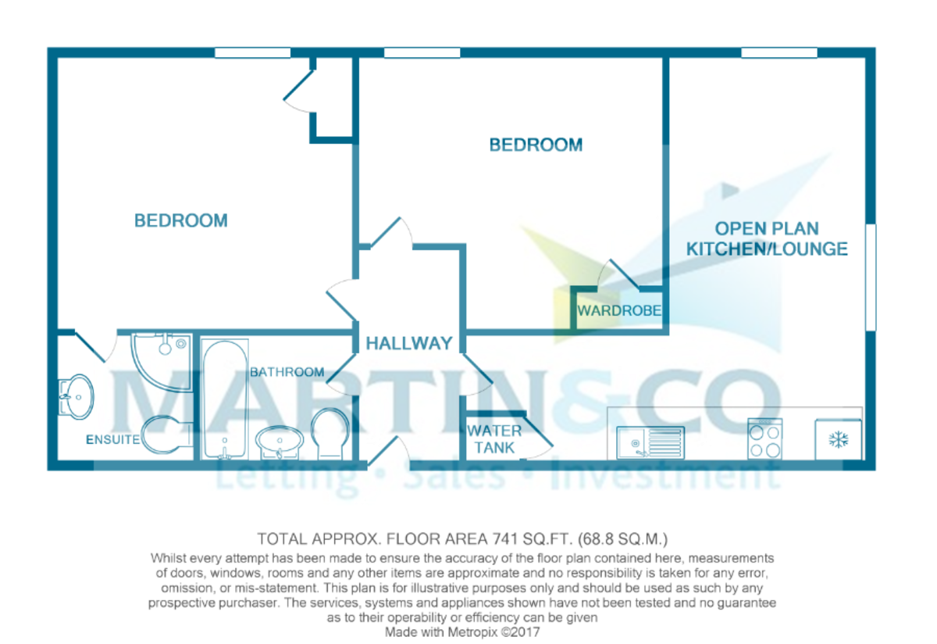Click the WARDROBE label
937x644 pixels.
click(619, 310)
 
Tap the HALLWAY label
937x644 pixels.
click(409, 343)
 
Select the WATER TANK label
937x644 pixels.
click(493, 439)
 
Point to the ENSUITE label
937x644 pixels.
click(112, 440)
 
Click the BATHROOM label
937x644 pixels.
click(287, 372)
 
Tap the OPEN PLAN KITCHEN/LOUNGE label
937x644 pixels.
click(767, 239)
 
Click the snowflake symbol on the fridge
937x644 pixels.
click(839, 440)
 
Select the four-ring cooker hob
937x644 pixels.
click(765, 439)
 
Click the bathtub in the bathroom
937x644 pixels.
click(225, 399)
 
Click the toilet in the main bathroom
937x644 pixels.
click(331, 435)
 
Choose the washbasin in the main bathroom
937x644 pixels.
click(280, 442)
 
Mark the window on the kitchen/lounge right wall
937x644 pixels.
click(871, 277)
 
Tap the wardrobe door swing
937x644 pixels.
click(614, 274)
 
